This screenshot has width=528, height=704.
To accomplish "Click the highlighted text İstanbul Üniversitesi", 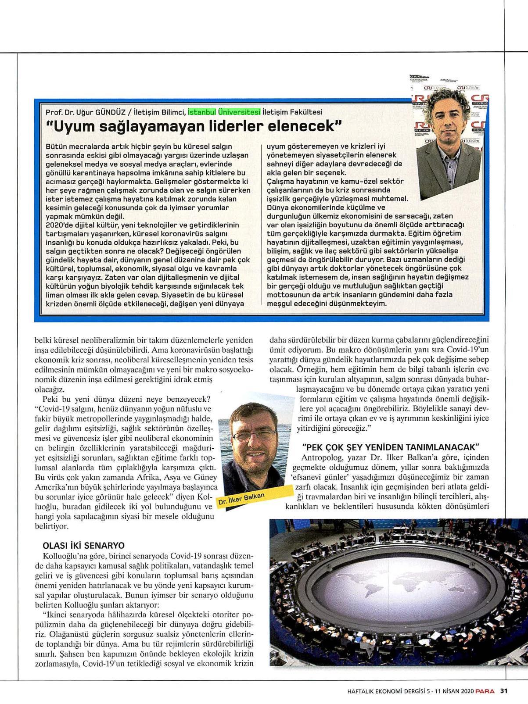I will coord(224,111).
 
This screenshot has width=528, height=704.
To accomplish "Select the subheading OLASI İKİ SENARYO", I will coord(83,545).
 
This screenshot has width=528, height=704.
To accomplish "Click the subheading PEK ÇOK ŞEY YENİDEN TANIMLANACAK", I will coord(390,447).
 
